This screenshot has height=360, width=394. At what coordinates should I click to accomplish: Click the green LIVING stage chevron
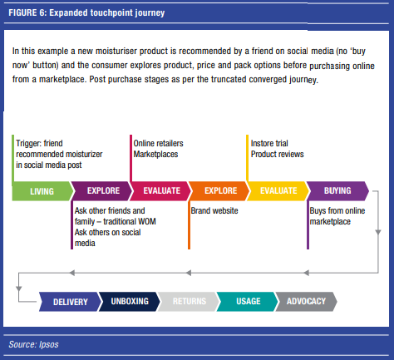pyautogui.click(x=43, y=191)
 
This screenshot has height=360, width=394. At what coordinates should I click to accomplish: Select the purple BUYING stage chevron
pyautogui.click(x=337, y=191)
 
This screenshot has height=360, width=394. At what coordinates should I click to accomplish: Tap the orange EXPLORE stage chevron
pyautogui.click(x=219, y=191)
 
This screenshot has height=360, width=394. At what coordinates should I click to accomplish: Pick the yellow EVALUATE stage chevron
pyautogui.click(x=278, y=191)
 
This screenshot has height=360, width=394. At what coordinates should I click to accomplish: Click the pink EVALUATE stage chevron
pyautogui.click(x=160, y=191)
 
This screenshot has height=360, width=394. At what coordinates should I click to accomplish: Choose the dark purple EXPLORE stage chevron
pyautogui.click(x=102, y=191)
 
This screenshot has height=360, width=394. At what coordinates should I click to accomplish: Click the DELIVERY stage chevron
pyautogui.click(x=69, y=302)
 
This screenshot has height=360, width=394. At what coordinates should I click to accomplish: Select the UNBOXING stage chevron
pyautogui.click(x=130, y=302)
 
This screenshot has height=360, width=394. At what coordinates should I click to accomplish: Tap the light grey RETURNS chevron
pyautogui.click(x=189, y=302)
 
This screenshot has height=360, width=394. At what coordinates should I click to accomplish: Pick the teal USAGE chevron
pyautogui.click(x=247, y=302)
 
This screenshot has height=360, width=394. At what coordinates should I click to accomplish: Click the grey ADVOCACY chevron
pyautogui.click(x=306, y=302)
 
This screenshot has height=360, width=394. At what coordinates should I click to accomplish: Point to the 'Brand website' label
pyautogui.click(x=214, y=210)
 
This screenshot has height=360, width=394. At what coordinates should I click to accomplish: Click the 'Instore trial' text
pyautogui.click(x=269, y=143)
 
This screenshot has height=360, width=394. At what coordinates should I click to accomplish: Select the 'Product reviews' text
pyautogui.click(x=277, y=154)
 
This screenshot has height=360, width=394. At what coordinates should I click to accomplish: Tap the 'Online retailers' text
pyautogui.click(x=158, y=143)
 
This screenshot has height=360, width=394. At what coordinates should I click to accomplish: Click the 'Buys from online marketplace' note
pyautogui.click(x=337, y=216)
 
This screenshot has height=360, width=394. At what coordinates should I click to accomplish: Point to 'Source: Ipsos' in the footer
pyautogui.click(x=33, y=344)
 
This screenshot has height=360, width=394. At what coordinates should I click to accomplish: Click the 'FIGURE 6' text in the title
pyautogui.click(x=27, y=12)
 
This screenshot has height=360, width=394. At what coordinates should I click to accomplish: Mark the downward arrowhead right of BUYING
pyautogui.click(x=378, y=232)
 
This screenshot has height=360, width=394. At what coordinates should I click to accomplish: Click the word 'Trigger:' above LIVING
pyautogui.click(x=28, y=144)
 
